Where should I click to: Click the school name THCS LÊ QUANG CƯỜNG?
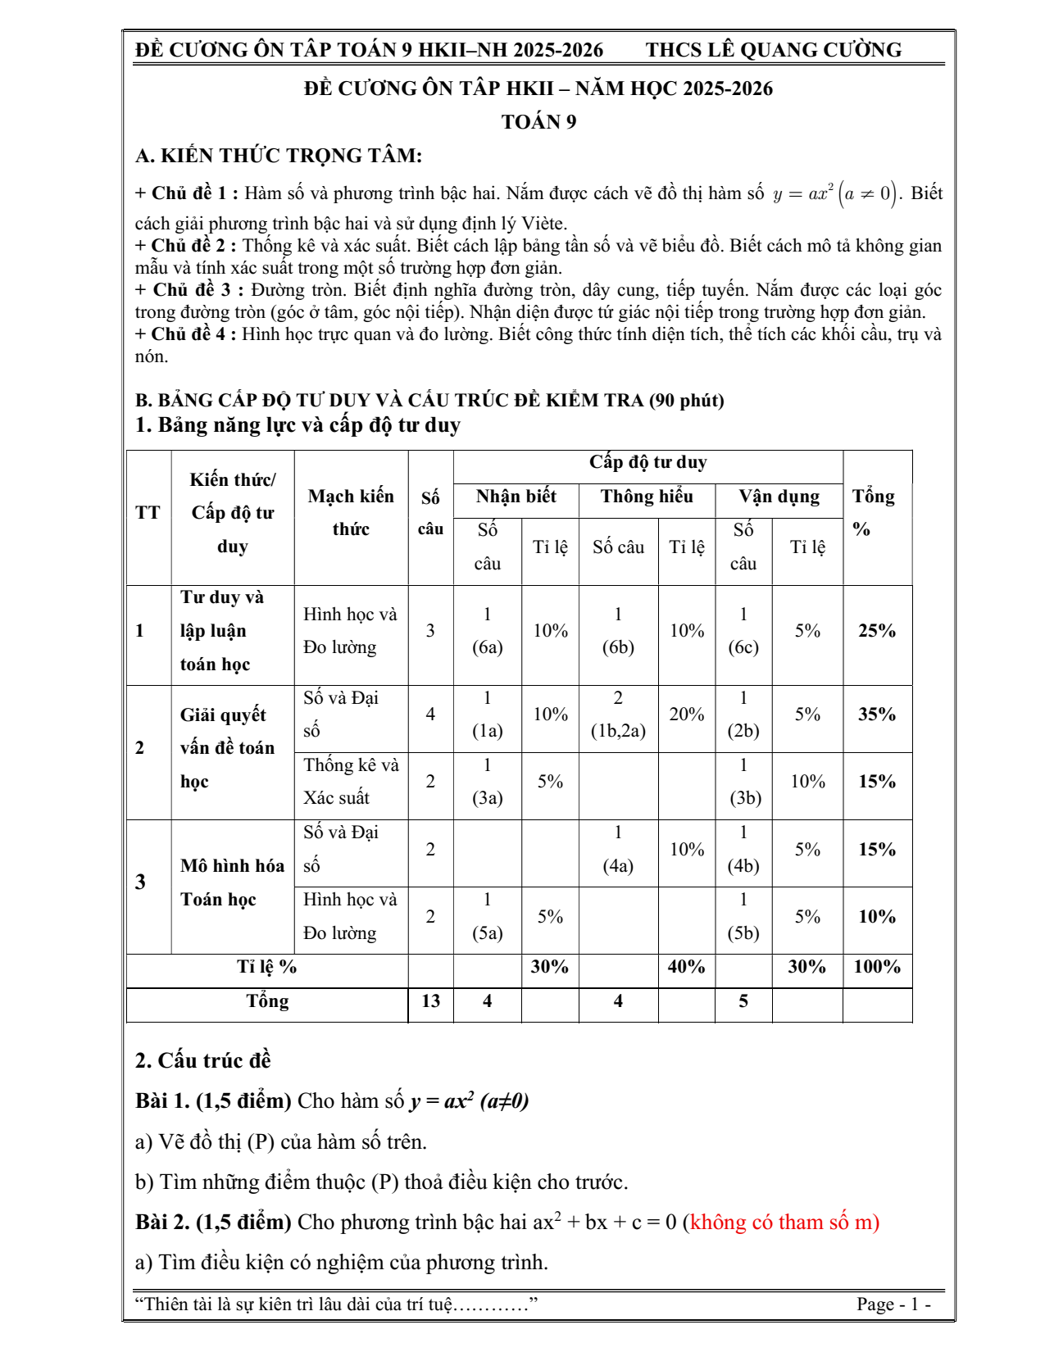773,50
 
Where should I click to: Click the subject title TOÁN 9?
538,122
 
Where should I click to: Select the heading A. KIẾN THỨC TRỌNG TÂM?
279,156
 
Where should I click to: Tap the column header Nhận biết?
516,497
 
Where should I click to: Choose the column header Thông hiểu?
646,497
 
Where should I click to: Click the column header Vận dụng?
779,497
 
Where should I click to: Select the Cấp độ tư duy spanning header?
647,463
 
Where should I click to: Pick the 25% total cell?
876,631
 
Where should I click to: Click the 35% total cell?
876,715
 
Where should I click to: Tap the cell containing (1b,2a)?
618,731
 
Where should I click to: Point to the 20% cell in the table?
686,715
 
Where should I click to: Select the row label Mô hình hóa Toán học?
232,882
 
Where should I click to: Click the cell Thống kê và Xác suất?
350,782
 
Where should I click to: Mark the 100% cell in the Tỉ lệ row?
876,967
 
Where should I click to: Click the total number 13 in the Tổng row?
430,1001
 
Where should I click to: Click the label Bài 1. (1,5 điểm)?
213,1101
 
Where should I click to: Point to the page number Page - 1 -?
893,1304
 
